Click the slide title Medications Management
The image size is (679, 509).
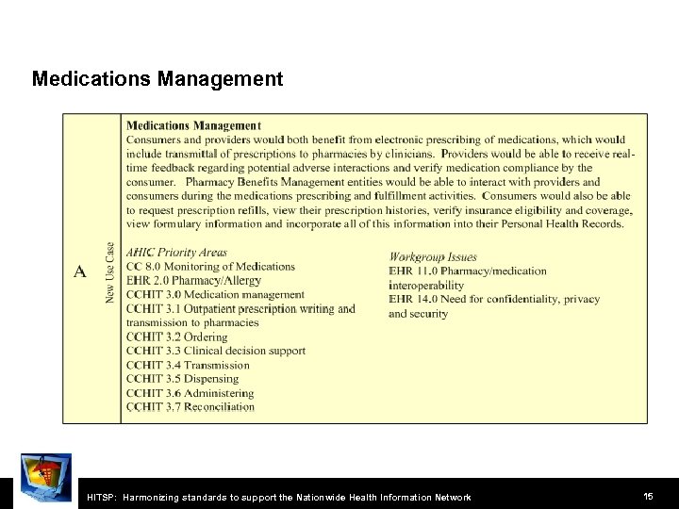tap(157, 78)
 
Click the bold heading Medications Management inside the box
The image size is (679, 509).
tap(193, 125)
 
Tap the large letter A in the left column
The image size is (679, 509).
tap(80, 271)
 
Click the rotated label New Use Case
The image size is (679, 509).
tap(110, 272)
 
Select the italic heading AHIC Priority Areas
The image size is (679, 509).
tap(176, 253)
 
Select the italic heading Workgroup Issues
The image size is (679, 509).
tap(433, 256)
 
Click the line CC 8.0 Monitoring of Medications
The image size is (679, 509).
tap(210, 267)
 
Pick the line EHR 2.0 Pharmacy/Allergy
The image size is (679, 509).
tap(193, 281)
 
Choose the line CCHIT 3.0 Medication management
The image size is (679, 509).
tap(215, 295)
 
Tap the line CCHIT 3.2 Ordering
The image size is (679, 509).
tap(176, 337)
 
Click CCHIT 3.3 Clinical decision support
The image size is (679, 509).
tap(215, 351)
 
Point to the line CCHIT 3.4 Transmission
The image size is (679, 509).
tap(188, 365)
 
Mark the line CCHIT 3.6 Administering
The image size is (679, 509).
tap(190, 393)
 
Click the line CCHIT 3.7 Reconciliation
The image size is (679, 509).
tap(190, 407)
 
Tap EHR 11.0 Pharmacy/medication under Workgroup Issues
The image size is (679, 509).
tap(467, 271)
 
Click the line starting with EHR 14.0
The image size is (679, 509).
tap(493, 299)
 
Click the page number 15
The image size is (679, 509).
tap(648, 495)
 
